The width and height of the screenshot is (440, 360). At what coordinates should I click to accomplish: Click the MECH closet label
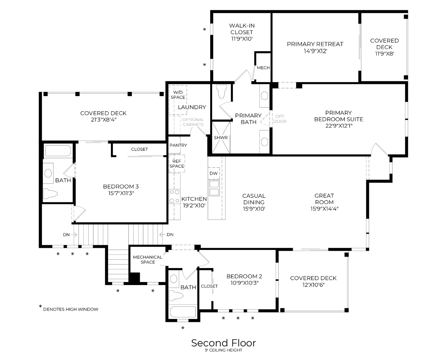click(263, 68)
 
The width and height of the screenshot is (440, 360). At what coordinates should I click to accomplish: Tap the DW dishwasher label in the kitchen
click(214, 173)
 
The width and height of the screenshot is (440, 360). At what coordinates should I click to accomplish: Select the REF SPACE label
click(177, 164)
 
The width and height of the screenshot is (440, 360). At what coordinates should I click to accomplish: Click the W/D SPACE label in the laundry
click(178, 95)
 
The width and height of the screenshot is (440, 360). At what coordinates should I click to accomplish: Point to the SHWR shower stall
click(221, 138)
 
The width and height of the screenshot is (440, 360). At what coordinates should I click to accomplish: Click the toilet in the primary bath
click(221, 92)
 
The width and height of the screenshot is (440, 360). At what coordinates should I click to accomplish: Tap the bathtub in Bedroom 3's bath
click(58, 151)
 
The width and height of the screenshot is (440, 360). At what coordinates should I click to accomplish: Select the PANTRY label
click(178, 145)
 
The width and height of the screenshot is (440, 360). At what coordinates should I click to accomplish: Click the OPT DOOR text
click(280, 119)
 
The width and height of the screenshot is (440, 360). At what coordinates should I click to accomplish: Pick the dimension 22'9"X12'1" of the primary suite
click(338, 126)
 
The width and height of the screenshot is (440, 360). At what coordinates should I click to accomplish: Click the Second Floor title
click(223, 343)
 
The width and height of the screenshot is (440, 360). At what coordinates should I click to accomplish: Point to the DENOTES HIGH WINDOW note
click(71, 309)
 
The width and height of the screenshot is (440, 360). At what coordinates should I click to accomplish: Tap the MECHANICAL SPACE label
click(148, 259)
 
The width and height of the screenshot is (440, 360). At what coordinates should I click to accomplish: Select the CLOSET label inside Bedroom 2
click(210, 286)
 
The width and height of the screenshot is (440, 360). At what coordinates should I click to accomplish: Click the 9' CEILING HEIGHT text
click(223, 350)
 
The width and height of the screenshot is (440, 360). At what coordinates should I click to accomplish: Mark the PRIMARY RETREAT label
click(315, 44)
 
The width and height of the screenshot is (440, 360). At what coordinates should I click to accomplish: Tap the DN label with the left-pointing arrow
click(170, 235)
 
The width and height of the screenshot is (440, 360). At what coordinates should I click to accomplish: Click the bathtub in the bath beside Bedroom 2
click(183, 313)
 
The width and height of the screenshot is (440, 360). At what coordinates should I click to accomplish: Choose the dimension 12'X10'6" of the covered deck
click(313, 285)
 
